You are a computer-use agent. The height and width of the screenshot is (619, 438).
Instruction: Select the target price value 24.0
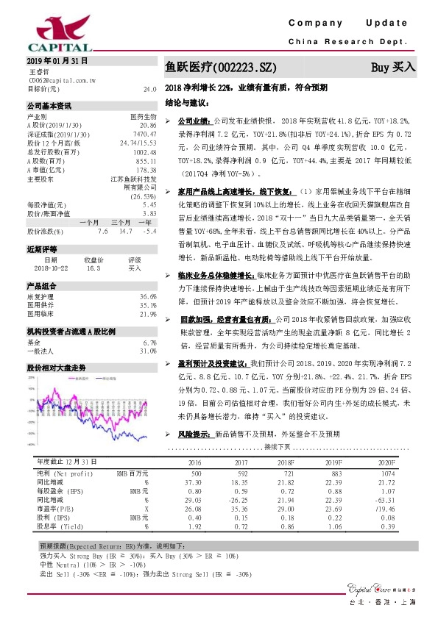click(x=150, y=89)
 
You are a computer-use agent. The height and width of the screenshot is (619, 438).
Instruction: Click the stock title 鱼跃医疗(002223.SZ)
click(x=221, y=67)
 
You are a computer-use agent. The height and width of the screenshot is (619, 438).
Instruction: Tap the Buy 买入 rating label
click(x=393, y=66)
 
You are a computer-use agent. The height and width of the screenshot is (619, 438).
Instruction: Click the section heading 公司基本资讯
click(x=49, y=106)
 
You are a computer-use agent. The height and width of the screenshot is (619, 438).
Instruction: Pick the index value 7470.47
click(x=144, y=135)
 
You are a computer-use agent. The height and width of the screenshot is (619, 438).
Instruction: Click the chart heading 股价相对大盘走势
click(x=57, y=366)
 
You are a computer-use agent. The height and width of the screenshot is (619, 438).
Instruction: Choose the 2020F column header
click(x=386, y=462)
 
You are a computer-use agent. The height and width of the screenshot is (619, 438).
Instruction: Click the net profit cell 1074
click(x=388, y=473)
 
